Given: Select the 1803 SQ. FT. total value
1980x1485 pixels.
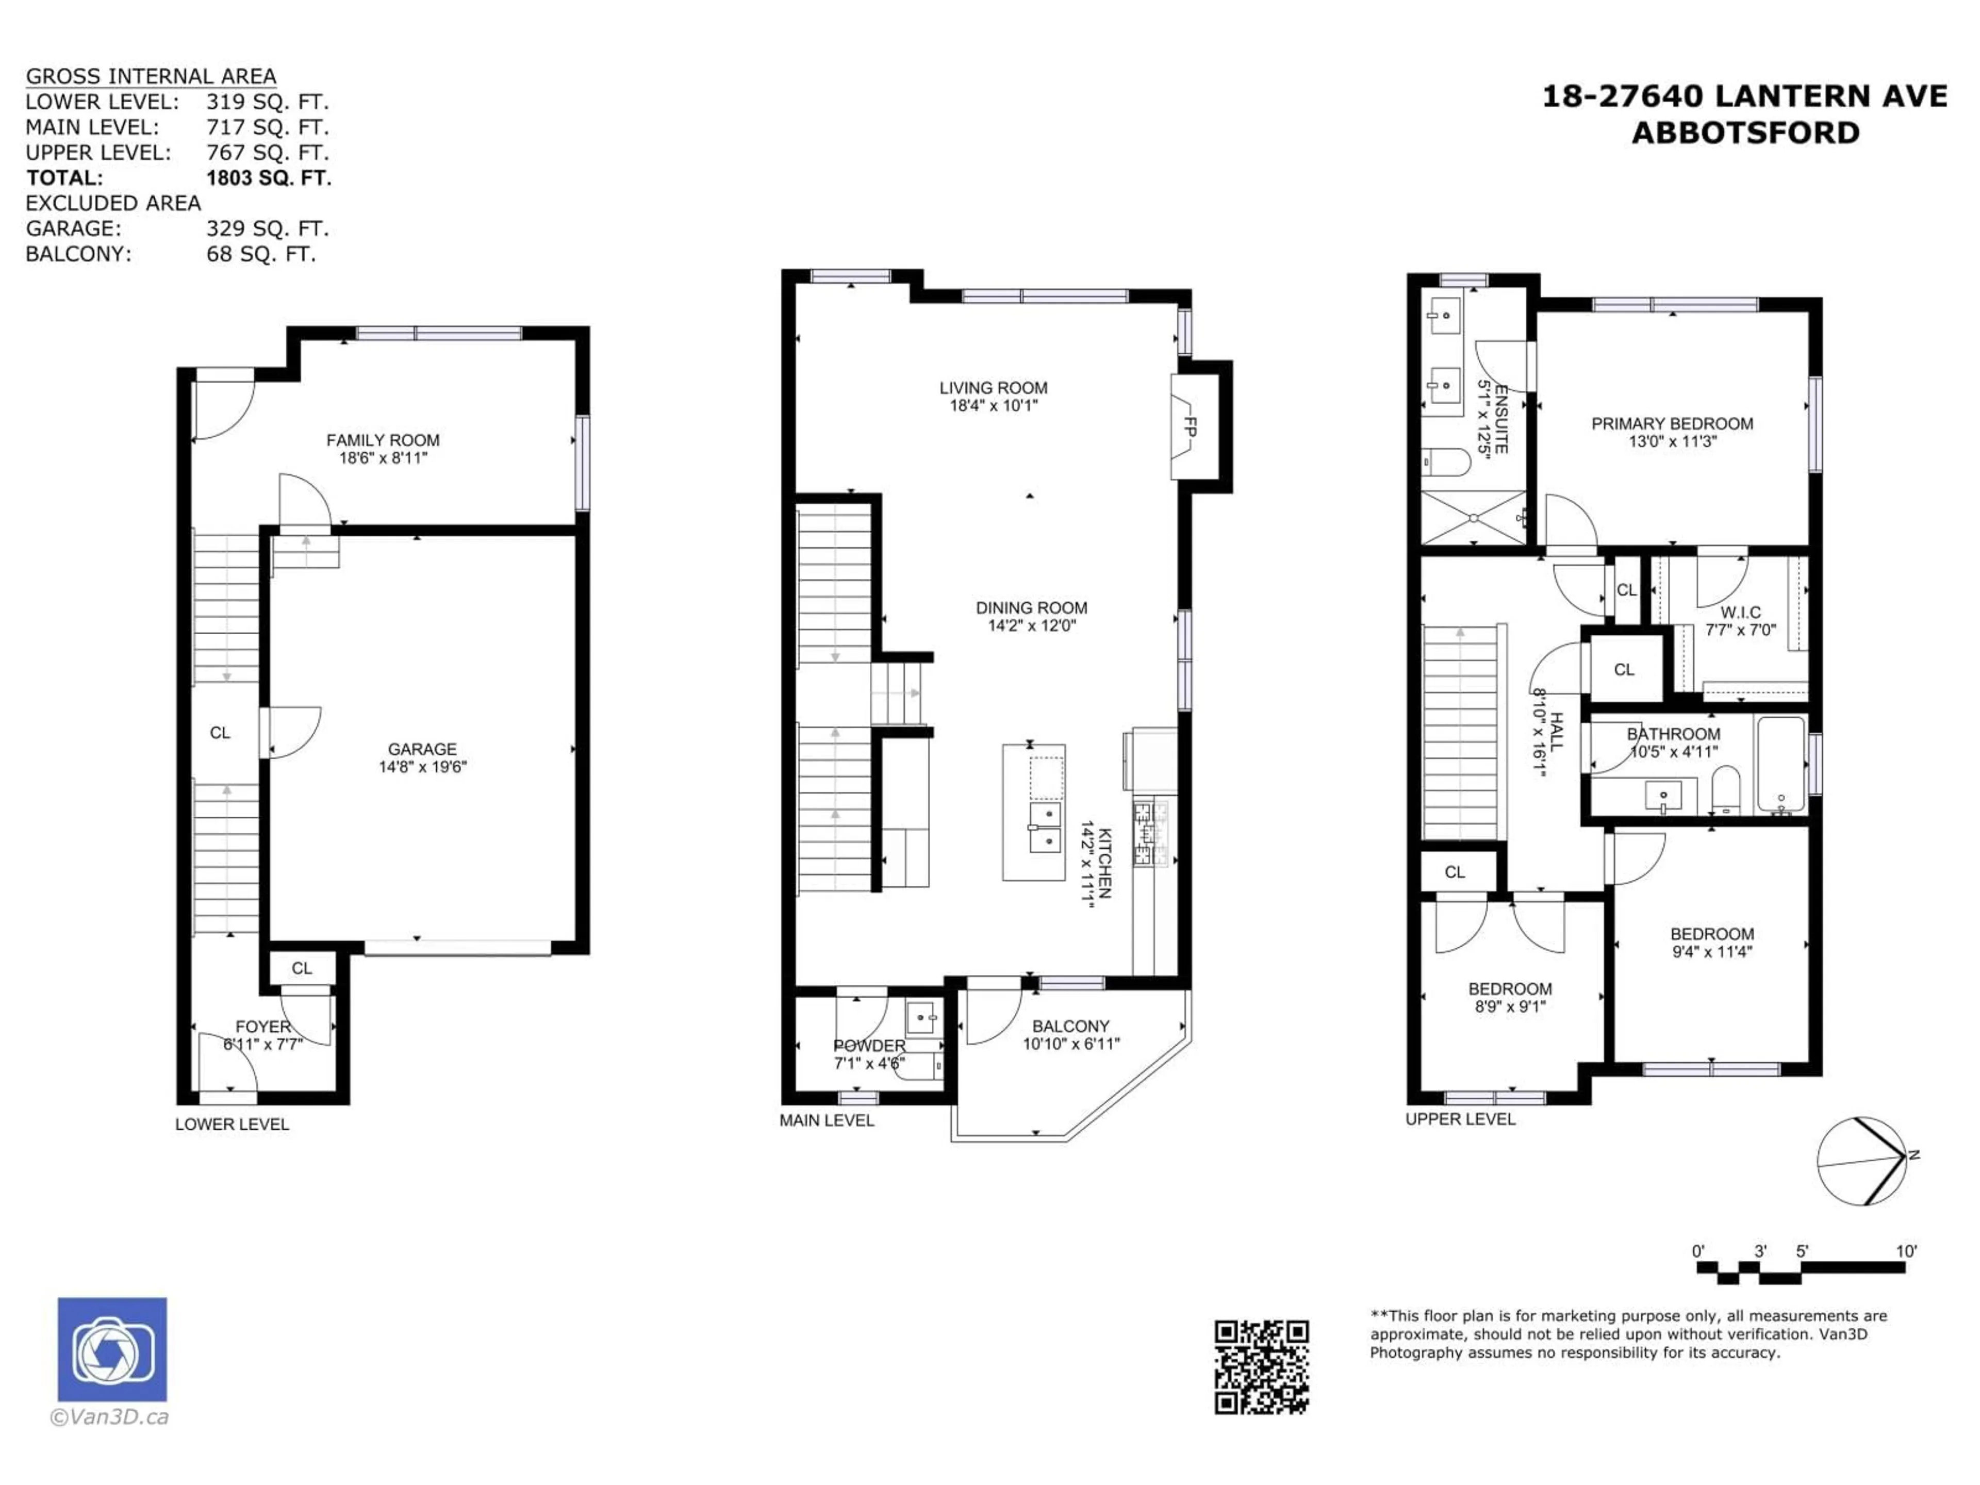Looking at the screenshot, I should coord(269,178).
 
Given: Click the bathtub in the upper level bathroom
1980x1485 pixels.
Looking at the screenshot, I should coord(1781,765).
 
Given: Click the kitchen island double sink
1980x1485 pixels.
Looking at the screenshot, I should coord(1044,828).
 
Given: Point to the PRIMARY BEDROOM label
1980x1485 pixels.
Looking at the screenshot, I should coord(1671,423).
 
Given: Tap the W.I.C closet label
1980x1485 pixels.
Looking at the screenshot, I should coord(1740,612).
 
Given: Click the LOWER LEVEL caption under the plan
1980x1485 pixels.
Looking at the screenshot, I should coord(232,1124).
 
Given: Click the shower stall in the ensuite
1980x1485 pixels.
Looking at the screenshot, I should coord(1473,517).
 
